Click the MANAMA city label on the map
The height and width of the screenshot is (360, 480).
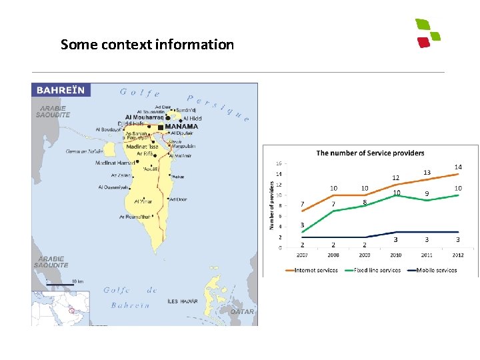click(181, 126)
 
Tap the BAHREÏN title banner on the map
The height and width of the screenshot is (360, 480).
click(61, 89)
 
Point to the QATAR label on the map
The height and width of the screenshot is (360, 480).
click(242, 311)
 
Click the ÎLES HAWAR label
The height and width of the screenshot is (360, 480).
click(182, 301)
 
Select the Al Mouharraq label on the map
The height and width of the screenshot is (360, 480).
click(144, 117)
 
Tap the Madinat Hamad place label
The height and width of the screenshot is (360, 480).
click(115, 163)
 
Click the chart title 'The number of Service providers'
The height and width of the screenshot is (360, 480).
click(370, 153)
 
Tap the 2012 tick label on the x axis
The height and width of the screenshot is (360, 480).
click(458, 255)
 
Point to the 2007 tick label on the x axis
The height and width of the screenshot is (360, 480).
click(302, 255)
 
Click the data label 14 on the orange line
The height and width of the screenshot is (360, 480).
click(458, 167)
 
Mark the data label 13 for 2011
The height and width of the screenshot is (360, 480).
click(427, 173)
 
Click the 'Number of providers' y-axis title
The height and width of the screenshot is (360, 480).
click(272, 203)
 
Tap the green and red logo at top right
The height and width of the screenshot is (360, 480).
click(427, 33)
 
